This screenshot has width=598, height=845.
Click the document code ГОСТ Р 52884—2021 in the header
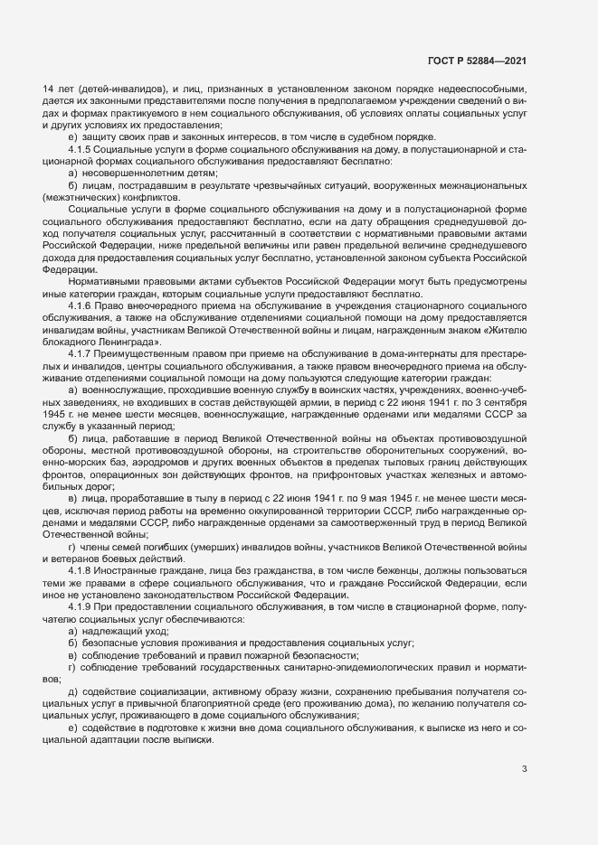tap(477, 61)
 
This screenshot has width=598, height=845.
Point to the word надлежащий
tap(107, 630)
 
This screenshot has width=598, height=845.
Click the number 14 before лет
tap(49, 89)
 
